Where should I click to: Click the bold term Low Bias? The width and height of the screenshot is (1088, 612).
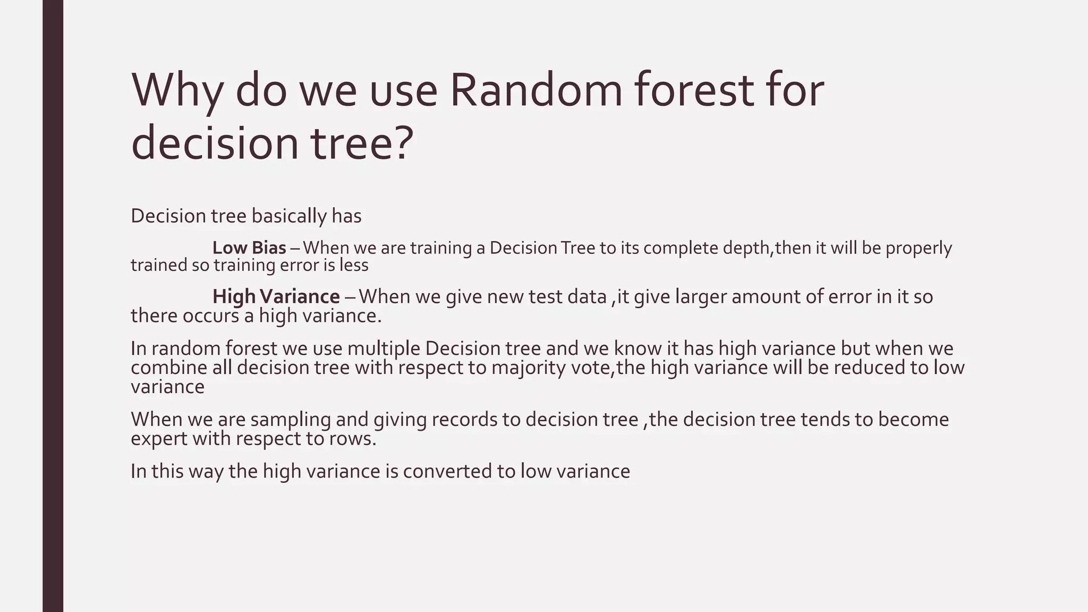coord(249,248)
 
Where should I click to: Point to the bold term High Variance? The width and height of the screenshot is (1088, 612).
coord(276,296)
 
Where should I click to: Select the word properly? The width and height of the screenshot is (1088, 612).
coord(919,248)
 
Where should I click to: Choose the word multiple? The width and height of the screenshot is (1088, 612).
coord(384,348)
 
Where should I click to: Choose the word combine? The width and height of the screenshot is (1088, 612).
coord(168,368)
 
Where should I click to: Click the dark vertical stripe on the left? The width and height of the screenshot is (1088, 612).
coord(53,306)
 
